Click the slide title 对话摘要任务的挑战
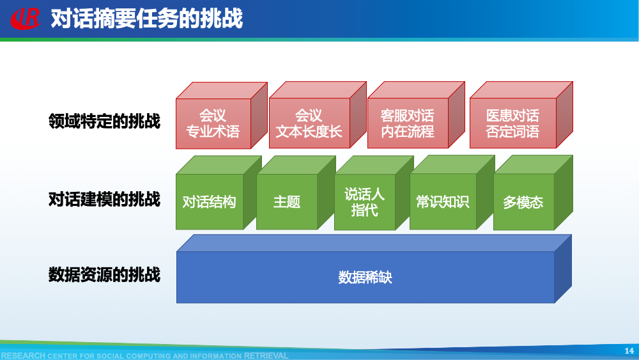(x=146, y=19)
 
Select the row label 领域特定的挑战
(x=104, y=121)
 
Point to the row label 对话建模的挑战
(x=104, y=200)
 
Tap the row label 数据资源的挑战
(x=104, y=275)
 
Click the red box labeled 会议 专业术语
(x=212, y=123)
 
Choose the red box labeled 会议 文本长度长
(x=309, y=123)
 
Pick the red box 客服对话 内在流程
(x=407, y=123)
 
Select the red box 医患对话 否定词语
(x=512, y=123)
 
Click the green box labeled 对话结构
(x=209, y=202)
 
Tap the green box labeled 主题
(x=286, y=202)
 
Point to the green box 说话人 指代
(x=364, y=202)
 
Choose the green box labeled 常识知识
(x=442, y=202)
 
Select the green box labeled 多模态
(x=523, y=203)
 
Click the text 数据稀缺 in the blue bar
(x=365, y=278)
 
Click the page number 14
(x=628, y=350)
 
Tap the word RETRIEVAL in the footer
(x=266, y=356)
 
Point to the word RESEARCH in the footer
(x=23, y=356)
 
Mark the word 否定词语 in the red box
(x=512, y=132)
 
